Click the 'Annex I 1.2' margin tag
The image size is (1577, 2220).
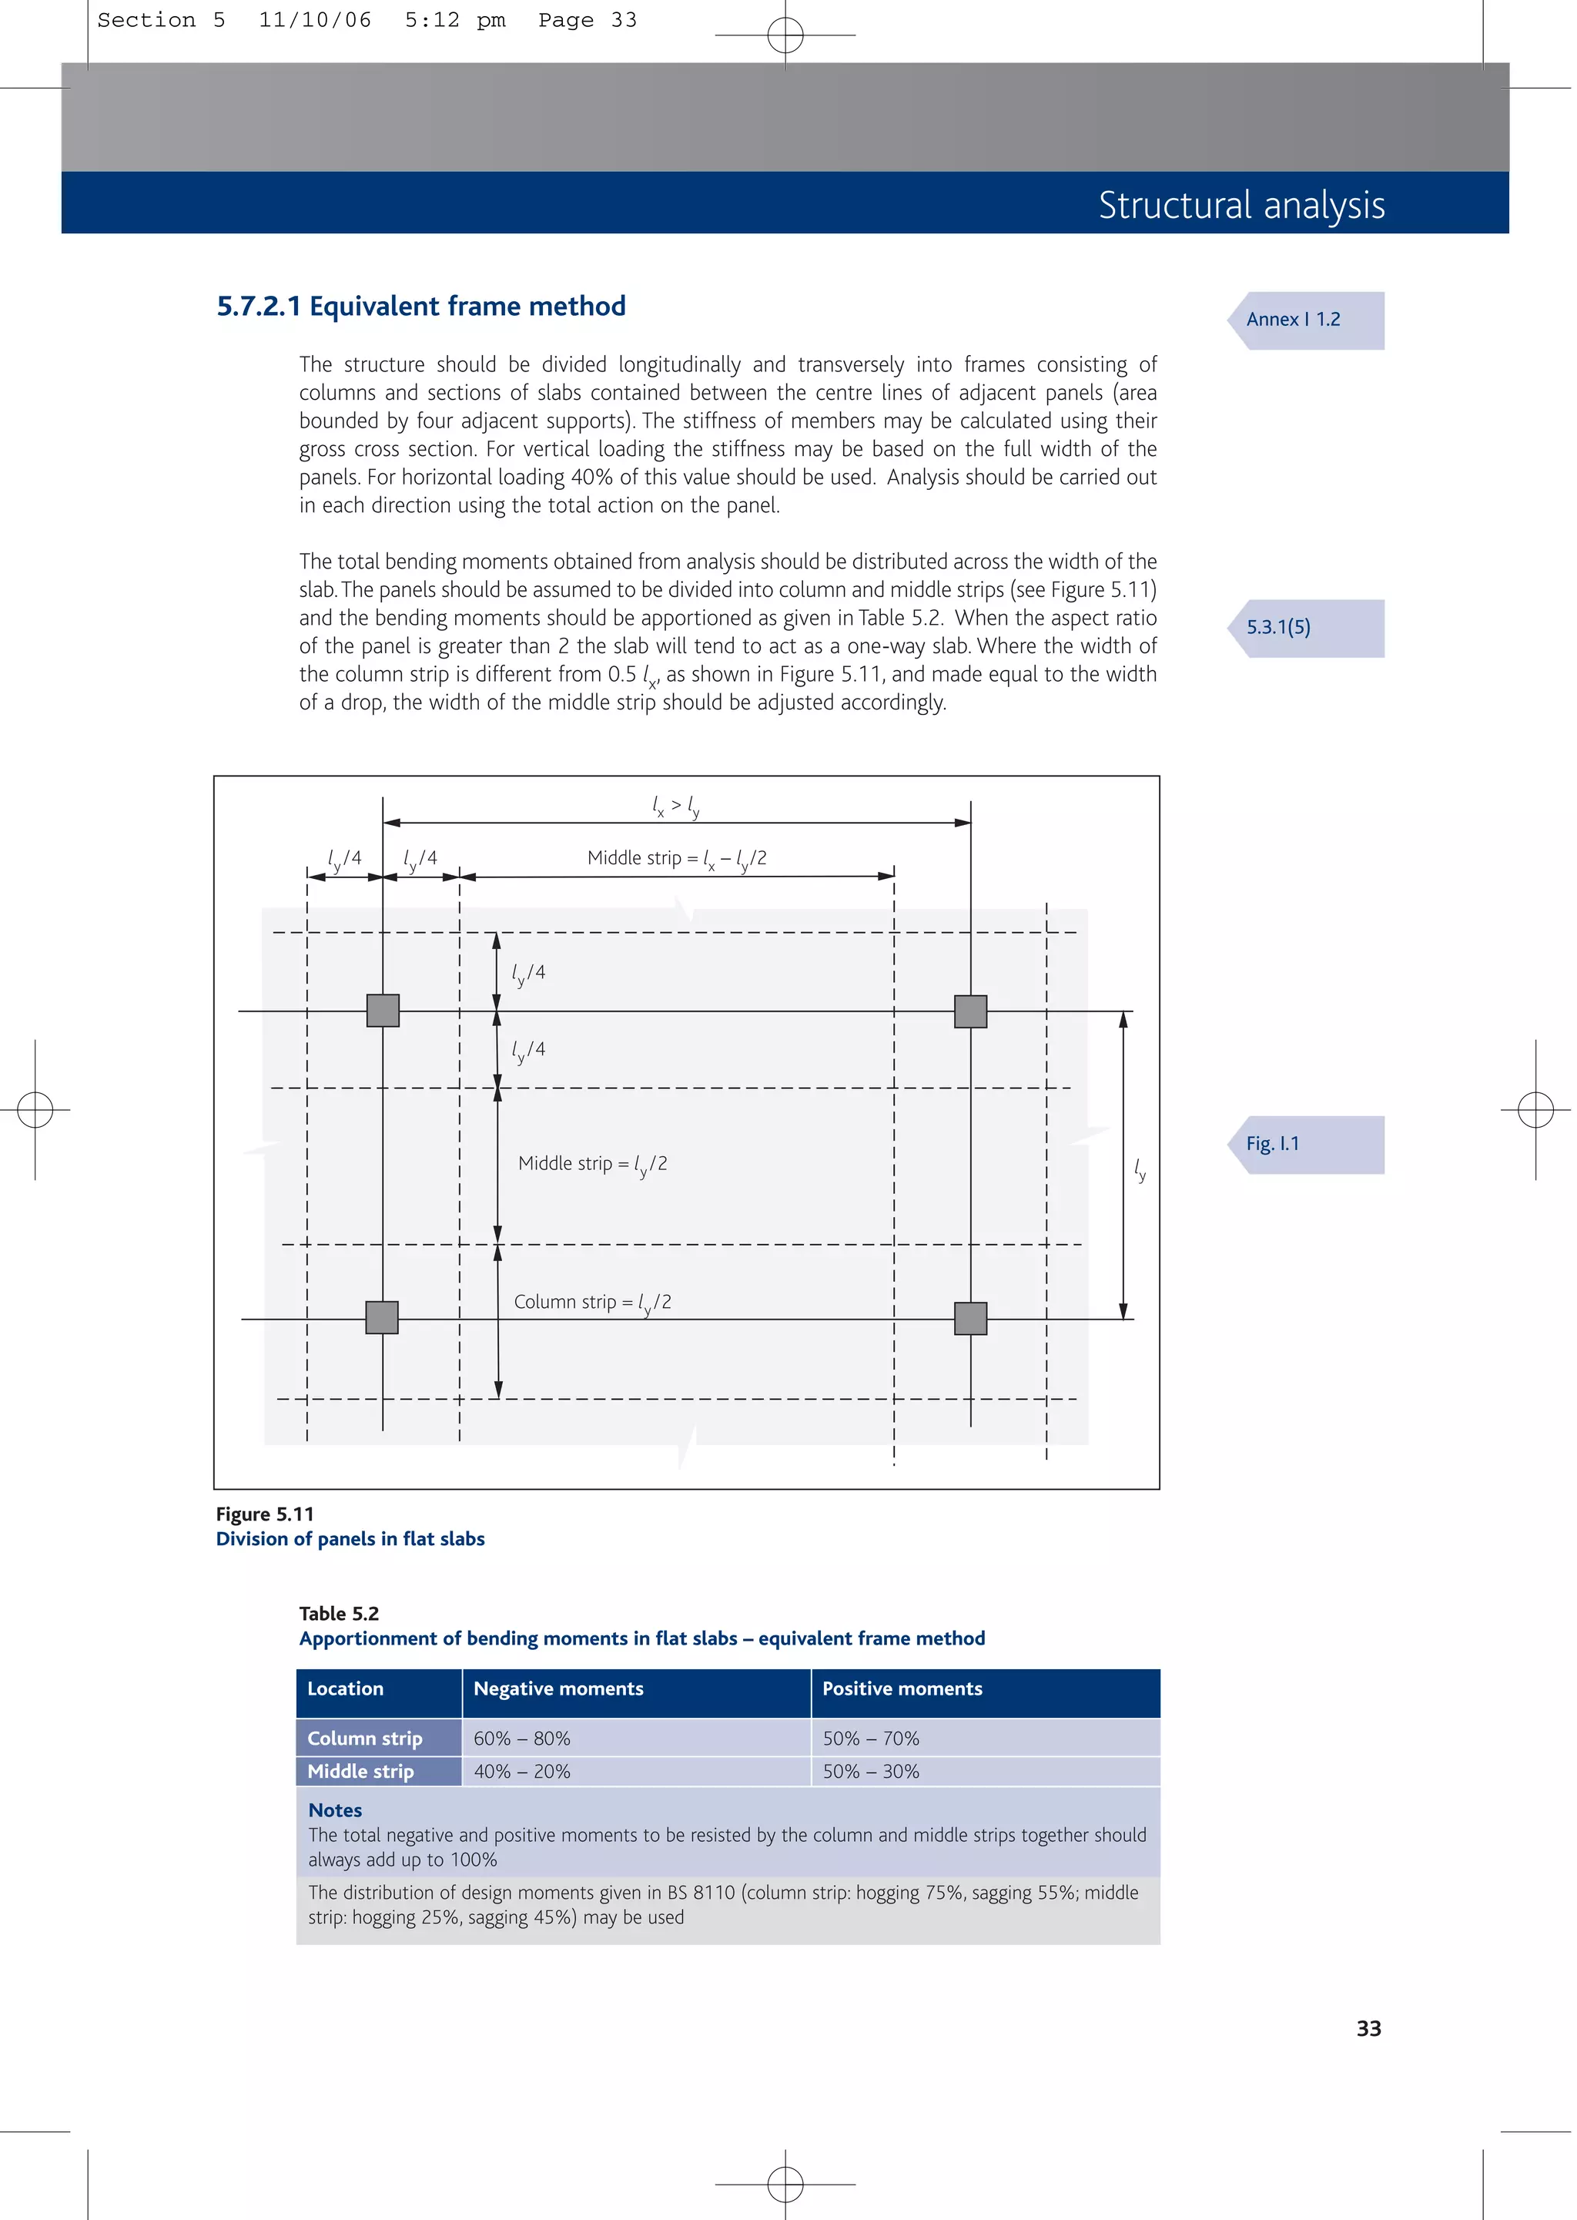(x=1304, y=320)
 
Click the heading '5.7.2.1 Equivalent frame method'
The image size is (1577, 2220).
(x=420, y=306)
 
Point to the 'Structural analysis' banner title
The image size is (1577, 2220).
(x=1241, y=205)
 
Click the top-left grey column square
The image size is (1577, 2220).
(x=383, y=1011)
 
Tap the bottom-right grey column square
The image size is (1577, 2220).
(x=970, y=1319)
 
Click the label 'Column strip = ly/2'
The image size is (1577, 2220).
(x=592, y=1303)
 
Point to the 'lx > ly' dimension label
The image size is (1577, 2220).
(x=676, y=805)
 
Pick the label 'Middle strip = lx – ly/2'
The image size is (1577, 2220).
(x=677, y=858)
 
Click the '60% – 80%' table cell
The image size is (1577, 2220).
(x=522, y=1739)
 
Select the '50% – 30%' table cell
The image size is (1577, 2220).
(x=871, y=1772)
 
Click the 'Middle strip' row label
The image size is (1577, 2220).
(x=360, y=1772)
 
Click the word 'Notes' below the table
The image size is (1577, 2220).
(x=335, y=1810)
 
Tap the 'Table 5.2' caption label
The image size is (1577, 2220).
(x=339, y=1613)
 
